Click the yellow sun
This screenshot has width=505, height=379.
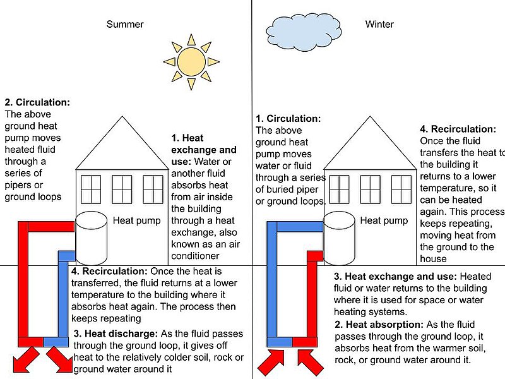[x=191, y=61]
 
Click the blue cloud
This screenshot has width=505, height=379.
[x=304, y=31]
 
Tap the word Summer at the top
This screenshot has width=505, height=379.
[x=125, y=24]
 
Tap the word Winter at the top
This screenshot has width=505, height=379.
[x=379, y=24]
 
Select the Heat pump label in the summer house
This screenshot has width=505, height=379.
[x=136, y=220]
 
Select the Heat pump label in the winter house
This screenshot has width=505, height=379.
[x=384, y=220]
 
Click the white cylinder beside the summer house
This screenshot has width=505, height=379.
[x=91, y=238]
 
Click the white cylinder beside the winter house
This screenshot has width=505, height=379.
[x=339, y=238]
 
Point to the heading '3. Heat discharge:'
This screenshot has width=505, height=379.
[x=116, y=334]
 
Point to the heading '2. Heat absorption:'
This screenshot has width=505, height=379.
[x=379, y=324]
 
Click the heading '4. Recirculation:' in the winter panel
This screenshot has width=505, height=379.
[x=458, y=129]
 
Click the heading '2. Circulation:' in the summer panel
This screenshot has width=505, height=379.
[x=37, y=102]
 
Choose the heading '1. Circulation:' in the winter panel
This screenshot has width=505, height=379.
[x=288, y=118]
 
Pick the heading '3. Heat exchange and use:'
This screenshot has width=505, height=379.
[x=396, y=276]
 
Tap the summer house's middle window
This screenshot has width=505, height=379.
[x=122, y=189]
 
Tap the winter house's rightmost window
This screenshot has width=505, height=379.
[x=401, y=189]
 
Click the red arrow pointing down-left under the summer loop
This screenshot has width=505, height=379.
[x=26, y=359]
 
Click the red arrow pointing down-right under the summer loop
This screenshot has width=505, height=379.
[x=59, y=359]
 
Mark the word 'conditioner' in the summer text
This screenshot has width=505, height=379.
[x=195, y=256]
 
